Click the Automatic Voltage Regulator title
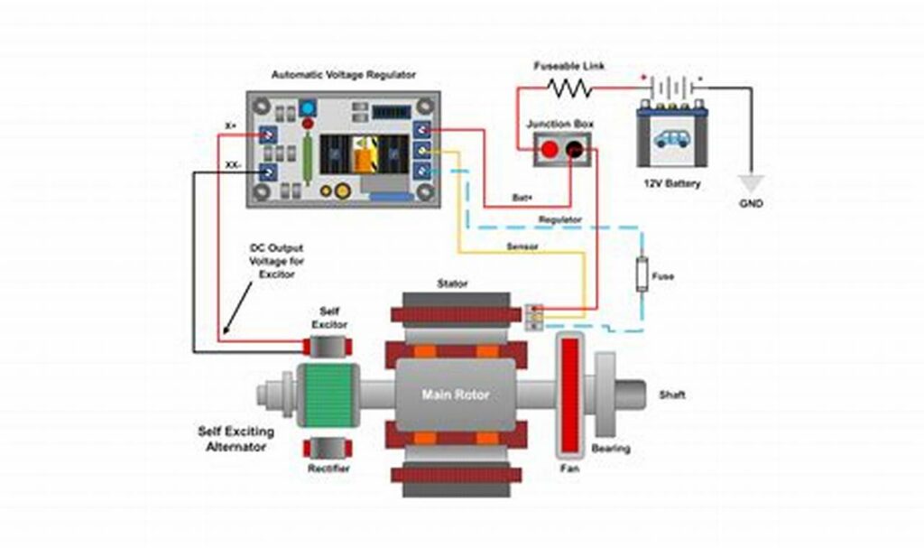pos(343,76)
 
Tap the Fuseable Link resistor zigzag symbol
pos(568,88)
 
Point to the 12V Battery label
pos(672,184)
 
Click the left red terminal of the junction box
pos(548,150)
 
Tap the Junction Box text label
pos(559,123)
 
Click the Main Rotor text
pos(456,395)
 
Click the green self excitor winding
pos(330,395)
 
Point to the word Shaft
pos(672,395)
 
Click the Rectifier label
pos(329,469)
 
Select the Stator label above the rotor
pos(452,283)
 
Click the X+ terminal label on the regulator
pos(232,126)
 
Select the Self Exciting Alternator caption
pos(236,439)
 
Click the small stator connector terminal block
pos(534,314)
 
